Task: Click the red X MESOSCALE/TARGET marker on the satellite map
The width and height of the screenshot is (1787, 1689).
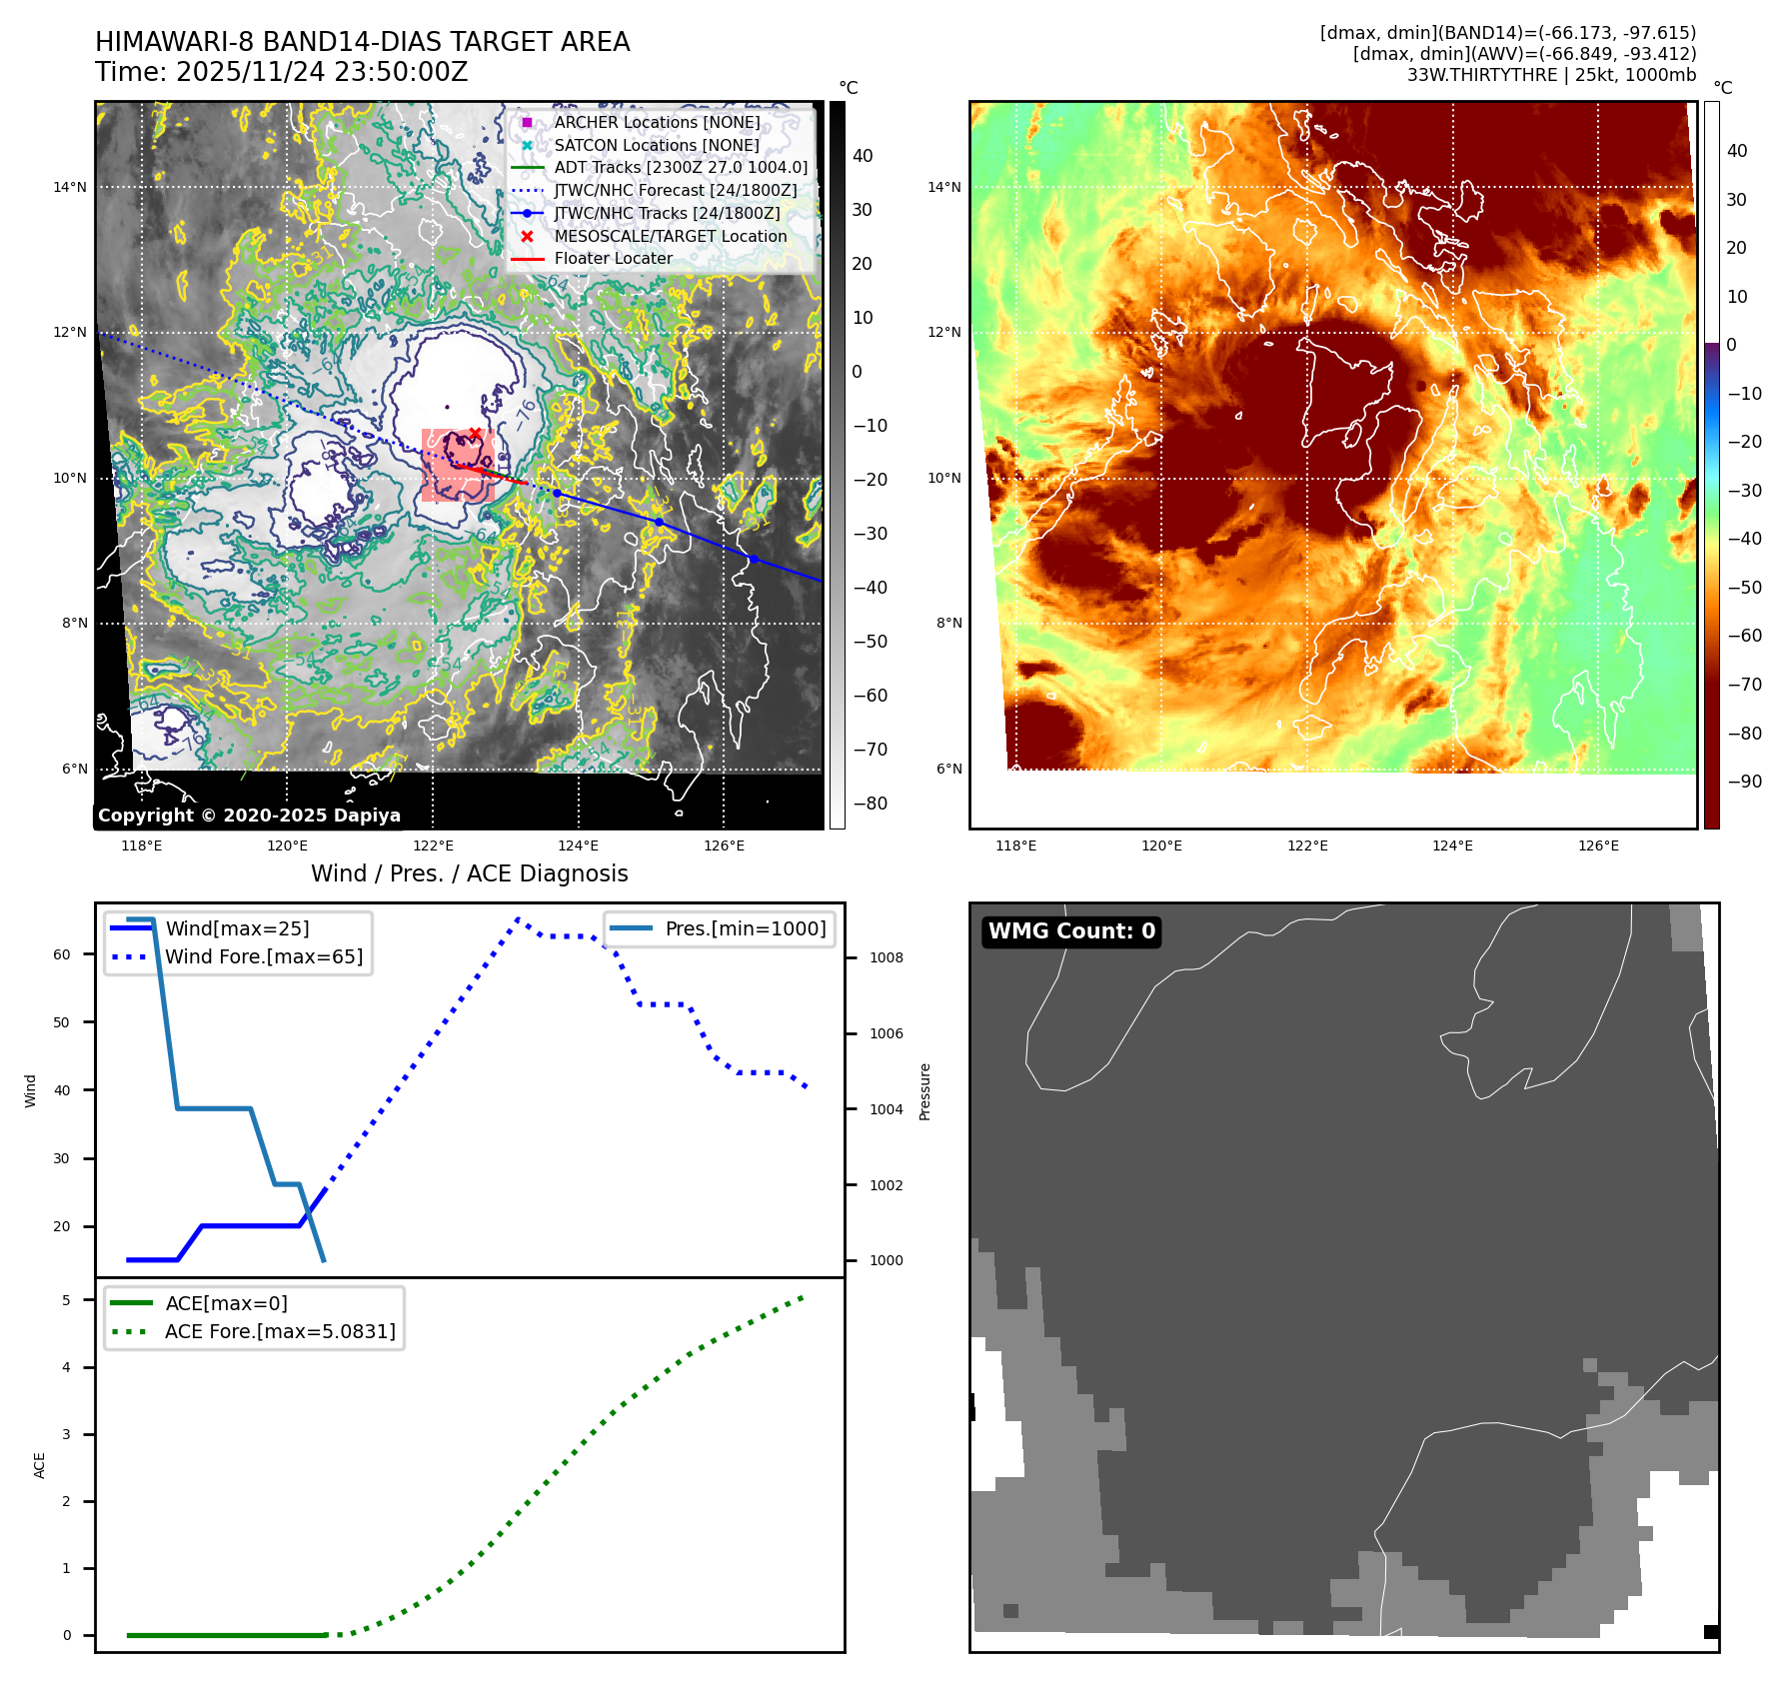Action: click(475, 434)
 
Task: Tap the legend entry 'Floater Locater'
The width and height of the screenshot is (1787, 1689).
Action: click(613, 259)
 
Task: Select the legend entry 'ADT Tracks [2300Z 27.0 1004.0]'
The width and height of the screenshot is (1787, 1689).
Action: click(681, 168)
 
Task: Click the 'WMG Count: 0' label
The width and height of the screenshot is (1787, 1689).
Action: click(1071, 931)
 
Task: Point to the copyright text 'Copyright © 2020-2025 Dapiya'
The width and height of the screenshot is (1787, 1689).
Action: click(249, 816)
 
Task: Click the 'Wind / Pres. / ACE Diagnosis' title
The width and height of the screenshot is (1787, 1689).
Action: click(470, 873)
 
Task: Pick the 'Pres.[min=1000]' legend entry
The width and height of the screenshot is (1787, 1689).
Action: click(745, 928)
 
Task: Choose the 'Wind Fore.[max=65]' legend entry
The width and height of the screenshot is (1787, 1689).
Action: click(264, 956)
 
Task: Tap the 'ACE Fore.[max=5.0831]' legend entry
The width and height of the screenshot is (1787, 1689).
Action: click(280, 1331)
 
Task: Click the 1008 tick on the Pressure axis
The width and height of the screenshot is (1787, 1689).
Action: click(886, 957)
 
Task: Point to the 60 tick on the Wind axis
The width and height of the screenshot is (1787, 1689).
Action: click(62, 954)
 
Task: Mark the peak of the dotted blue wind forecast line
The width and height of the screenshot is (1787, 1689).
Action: click(518, 918)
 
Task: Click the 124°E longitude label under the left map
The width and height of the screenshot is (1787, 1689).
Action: click(578, 845)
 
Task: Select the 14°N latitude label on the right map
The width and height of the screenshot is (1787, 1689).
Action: click(943, 187)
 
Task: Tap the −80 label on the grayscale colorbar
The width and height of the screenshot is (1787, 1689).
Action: click(871, 804)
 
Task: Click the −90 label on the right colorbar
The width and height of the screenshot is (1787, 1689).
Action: click(1744, 782)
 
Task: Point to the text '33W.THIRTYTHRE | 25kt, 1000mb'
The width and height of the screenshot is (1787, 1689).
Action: click(1551, 75)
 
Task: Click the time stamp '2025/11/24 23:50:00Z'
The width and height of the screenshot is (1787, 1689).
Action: click(322, 72)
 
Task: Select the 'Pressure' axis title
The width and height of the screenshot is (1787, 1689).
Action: click(924, 1091)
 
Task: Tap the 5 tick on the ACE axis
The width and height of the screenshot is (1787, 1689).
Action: click(67, 1300)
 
